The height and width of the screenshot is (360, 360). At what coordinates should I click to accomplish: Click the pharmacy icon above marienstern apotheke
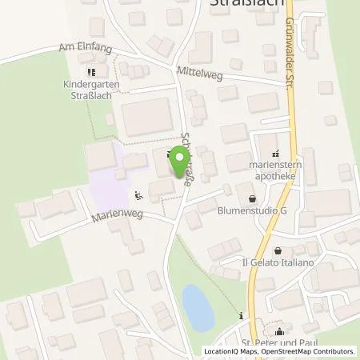pyautogui.click(x=276, y=154)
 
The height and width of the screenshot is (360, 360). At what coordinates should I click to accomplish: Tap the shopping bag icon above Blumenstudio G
pyautogui.click(x=254, y=198)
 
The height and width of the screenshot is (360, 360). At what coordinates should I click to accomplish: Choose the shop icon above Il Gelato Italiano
pyautogui.click(x=277, y=250)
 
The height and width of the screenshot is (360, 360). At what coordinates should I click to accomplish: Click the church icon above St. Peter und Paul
pyautogui.click(x=280, y=332)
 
